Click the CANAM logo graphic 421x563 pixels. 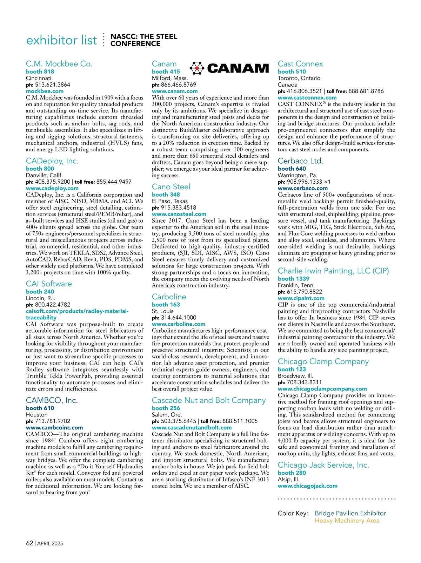229,68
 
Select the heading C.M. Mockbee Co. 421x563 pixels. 59,64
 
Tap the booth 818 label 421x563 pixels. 40,72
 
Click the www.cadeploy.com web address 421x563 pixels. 52,188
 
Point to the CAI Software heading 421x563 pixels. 49,284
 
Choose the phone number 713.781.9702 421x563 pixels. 53,421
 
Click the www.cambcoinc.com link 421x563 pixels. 54,428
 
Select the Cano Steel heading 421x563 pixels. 171,186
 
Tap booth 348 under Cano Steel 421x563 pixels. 166,195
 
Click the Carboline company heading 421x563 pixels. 169,297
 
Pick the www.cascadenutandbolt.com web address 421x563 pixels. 192,428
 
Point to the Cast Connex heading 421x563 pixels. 300,64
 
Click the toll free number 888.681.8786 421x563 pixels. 366,91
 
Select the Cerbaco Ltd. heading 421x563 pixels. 301,161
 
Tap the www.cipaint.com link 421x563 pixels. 301,298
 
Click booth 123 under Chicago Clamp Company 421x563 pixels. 292,369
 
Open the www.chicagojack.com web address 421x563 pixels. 308,486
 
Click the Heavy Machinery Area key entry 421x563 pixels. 347,521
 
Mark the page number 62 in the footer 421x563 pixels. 29,543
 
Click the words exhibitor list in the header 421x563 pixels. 62,40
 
